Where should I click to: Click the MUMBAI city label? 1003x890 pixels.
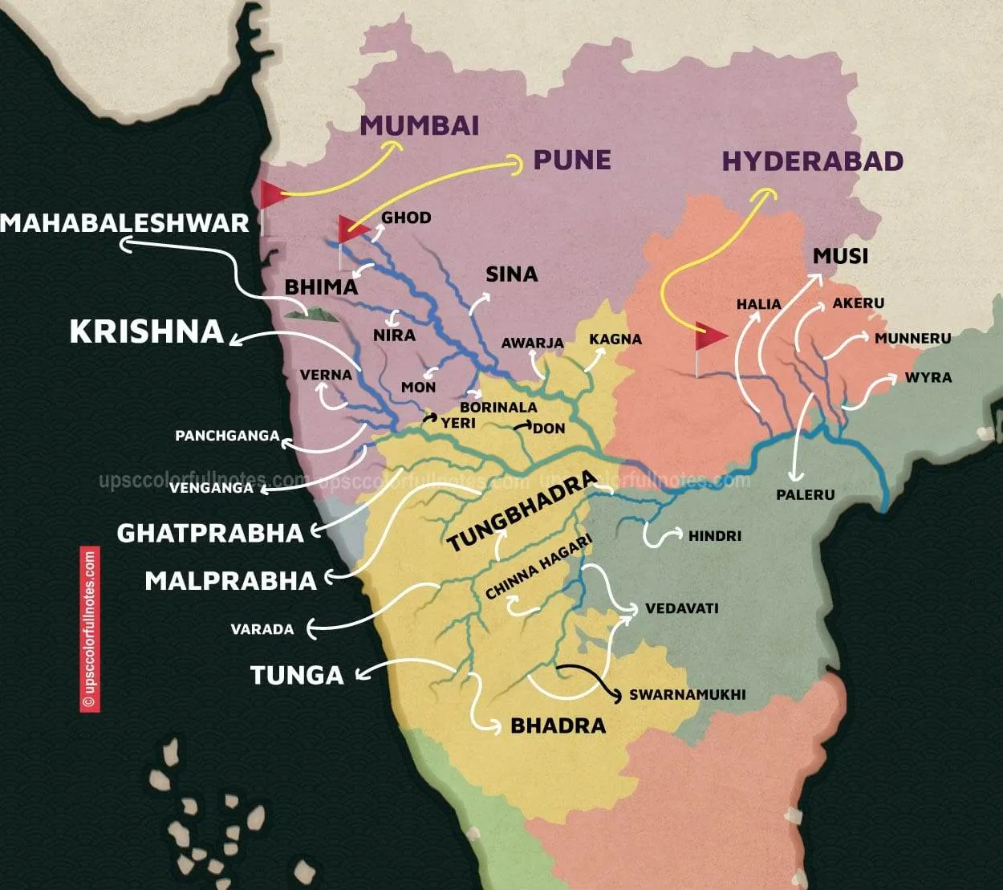(420, 126)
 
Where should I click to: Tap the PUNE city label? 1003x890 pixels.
(572, 160)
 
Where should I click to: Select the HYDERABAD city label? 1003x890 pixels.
(812, 161)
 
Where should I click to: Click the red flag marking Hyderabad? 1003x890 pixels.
(709, 336)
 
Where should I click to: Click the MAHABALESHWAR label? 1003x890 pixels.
(125, 223)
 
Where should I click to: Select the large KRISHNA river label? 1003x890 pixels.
(146, 332)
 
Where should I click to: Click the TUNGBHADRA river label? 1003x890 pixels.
(522, 511)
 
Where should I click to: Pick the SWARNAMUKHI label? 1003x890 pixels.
(688, 694)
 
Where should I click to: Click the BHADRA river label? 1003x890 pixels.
(558, 726)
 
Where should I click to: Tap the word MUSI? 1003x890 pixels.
(840, 256)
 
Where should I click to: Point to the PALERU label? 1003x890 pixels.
(805, 494)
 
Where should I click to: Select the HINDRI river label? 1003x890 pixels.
(714, 535)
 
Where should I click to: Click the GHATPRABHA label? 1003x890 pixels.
(210, 533)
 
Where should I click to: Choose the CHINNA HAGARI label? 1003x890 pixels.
(538, 568)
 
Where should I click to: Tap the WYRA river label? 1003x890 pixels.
(928, 377)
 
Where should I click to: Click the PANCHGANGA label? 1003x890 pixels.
(227, 437)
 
